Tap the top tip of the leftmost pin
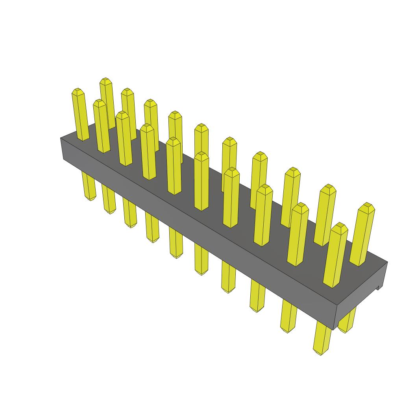pos(78,91)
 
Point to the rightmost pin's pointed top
pos(368,205)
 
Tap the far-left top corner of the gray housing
pos(61,138)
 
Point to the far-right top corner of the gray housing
pos(387,263)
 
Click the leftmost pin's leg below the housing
pos(89,185)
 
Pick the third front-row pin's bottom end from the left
pos(130,225)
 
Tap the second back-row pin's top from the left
pos(127,91)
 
